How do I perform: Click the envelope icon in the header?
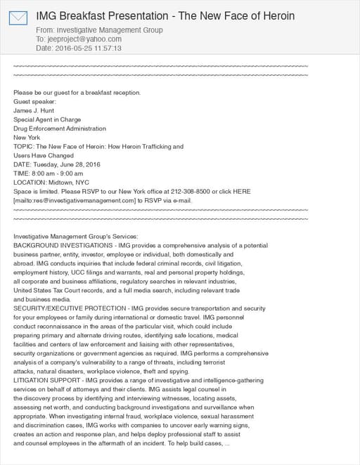tap(18, 18)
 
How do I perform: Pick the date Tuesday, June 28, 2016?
tap(68, 164)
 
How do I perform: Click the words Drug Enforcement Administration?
tap(60, 129)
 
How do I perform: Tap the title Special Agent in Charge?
tap(47, 119)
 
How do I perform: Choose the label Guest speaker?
tap(34, 102)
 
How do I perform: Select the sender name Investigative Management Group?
tap(108, 30)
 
